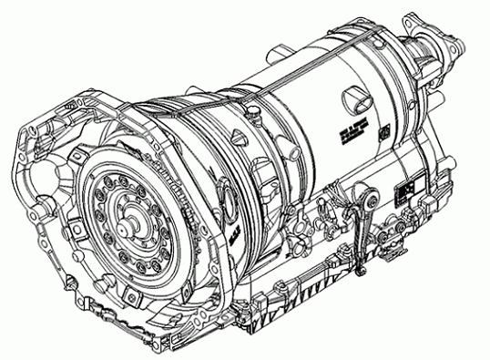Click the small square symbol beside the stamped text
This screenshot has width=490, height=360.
[x=382, y=130]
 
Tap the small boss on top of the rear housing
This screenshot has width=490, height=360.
[x=375, y=36]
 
